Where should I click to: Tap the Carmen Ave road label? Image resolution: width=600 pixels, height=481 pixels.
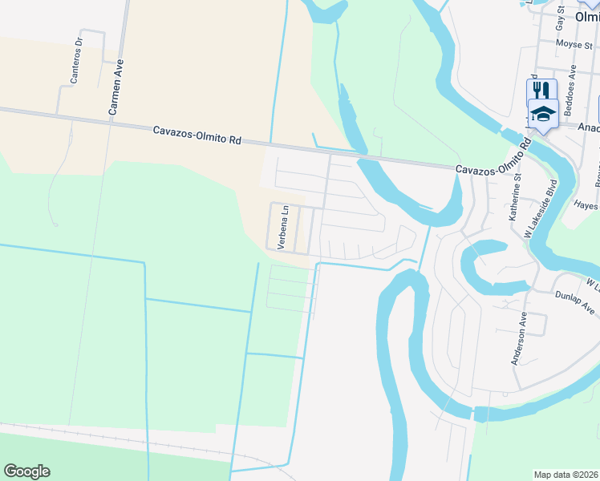click(x=117, y=86)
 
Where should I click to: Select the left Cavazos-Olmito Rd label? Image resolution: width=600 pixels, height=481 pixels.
click(x=197, y=134)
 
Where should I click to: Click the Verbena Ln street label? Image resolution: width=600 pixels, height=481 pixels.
click(x=282, y=228)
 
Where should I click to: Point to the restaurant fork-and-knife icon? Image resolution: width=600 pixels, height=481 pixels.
click(x=542, y=90)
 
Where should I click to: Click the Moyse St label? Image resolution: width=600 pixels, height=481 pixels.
click(x=574, y=43)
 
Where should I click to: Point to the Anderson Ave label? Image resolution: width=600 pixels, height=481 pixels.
click(x=519, y=339)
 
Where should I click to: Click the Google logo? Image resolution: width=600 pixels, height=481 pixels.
click(x=26, y=471)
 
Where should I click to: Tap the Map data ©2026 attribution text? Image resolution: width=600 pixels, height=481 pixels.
click(x=566, y=475)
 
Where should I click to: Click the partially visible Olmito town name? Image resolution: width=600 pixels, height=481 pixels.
click(x=587, y=15)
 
